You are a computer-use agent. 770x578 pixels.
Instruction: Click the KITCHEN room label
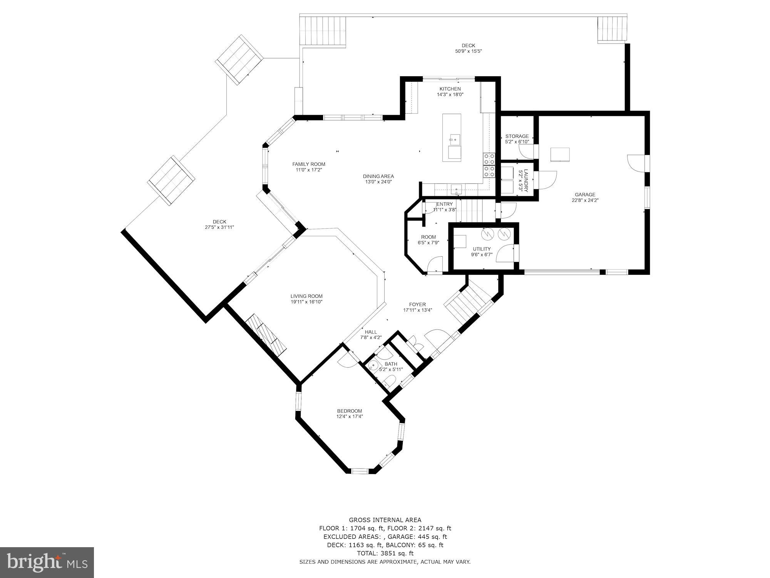[450, 89]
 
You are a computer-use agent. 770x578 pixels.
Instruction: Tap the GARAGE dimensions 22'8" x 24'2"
[585, 200]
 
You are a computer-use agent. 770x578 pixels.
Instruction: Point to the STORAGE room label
[517, 136]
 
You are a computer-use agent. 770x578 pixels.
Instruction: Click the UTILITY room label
[482, 249]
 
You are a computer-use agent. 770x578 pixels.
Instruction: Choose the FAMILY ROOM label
[308, 164]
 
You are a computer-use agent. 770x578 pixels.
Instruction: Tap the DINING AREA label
[378, 176]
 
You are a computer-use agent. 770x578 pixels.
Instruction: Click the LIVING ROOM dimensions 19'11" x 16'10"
[306, 302]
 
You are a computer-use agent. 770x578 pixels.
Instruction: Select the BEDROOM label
[350, 411]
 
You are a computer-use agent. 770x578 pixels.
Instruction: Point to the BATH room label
[391, 364]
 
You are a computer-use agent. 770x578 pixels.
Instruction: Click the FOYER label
[417, 304]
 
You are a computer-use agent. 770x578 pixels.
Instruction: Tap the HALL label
[371, 332]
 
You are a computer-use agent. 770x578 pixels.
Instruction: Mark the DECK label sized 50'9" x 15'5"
[468, 45]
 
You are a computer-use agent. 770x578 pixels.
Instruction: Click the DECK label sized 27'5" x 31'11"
[219, 222]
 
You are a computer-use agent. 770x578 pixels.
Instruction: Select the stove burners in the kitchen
[489, 165]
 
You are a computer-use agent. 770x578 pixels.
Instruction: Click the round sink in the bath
[373, 366]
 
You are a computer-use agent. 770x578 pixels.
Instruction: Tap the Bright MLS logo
[47, 563]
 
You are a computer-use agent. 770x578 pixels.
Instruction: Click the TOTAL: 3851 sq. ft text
[385, 553]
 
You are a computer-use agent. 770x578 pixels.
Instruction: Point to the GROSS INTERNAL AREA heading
[385, 520]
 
